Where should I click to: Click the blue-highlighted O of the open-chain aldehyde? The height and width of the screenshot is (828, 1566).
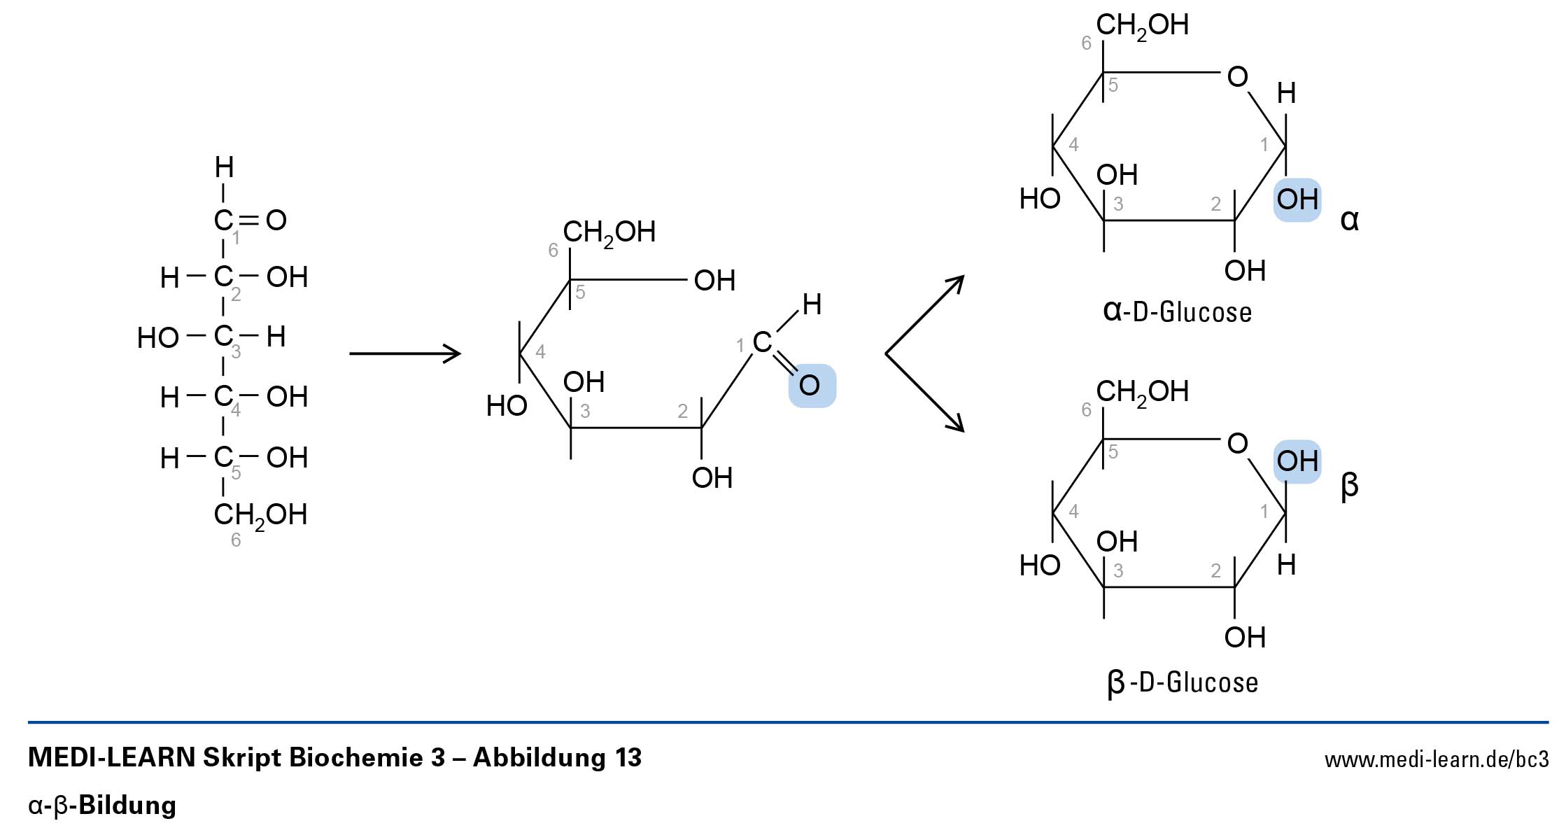point(810,385)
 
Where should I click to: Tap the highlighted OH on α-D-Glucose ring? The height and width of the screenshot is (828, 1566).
point(1297,200)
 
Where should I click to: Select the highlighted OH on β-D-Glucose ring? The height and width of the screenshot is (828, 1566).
point(1297,461)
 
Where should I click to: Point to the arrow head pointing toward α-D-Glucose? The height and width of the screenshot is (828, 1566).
point(957,283)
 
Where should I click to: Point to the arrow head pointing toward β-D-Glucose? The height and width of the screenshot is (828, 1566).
point(957,425)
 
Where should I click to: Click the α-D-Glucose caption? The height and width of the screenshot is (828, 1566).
point(1177,311)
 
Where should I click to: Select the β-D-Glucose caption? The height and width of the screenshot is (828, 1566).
point(1183,682)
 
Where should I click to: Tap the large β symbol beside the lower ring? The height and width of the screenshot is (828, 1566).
point(1349,485)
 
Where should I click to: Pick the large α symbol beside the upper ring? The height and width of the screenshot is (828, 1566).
point(1349,220)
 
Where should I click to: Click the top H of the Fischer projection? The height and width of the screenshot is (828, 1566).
point(224,167)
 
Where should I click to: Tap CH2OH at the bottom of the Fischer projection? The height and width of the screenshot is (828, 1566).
point(260,515)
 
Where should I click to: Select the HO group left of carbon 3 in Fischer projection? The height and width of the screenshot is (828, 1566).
point(158,338)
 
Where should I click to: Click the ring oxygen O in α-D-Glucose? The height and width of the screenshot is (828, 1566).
point(1237,77)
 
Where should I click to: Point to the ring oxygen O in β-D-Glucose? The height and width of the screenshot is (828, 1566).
point(1237,444)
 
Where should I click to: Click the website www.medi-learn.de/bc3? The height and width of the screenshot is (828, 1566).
point(1436,760)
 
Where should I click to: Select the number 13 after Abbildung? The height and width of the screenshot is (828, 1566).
point(628,757)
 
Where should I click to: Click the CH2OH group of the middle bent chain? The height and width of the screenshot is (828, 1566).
point(609,232)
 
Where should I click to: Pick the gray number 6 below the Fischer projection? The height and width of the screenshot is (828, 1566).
point(236,540)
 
